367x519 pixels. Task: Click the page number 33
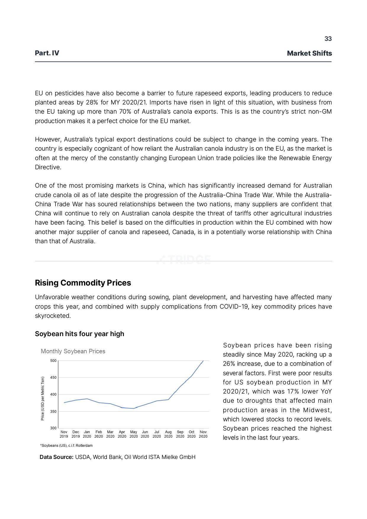(x=328, y=39)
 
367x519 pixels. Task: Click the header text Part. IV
(x=47, y=53)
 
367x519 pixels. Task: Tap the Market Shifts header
(x=309, y=53)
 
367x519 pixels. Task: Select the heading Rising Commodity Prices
(x=83, y=283)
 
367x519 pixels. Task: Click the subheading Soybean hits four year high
(x=79, y=334)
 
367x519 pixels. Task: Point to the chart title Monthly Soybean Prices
(x=73, y=351)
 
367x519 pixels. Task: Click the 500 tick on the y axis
(x=53, y=361)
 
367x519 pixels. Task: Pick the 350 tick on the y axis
(x=53, y=412)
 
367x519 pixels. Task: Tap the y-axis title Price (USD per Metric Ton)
(x=43, y=398)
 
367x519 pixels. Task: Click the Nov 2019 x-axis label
(x=64, y=434)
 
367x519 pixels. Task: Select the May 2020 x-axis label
(x=133, y=434)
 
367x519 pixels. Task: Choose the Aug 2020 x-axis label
(x=168, y=434)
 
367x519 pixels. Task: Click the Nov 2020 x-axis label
(x=203, y=434)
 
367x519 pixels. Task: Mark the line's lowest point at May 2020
(x=133, y=409)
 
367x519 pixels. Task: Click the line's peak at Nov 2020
(x=203, y=361)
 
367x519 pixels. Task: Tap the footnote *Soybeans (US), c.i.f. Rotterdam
(x=66, y=445)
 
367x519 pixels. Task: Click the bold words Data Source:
(x=57, y=457)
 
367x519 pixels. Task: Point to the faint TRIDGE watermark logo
(x=183, y=260)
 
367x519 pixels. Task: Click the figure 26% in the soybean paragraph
(x=228, y=364)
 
